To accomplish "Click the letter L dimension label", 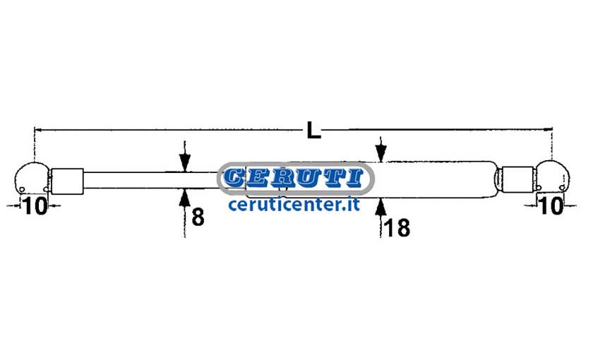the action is (x=313, y=130).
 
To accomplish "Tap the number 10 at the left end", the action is (x=35, y=206).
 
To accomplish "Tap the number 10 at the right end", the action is (x=552, y=206).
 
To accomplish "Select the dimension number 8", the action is (x=198, y=217).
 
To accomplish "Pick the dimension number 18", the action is (x=397, y=228).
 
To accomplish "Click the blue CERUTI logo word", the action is (x=294, y=178).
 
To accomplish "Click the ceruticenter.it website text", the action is (x=294, y=205).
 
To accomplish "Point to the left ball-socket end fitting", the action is (x=32, y=179).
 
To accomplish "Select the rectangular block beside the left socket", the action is (x=67, y=181).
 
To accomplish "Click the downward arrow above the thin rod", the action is (x=184, y=156).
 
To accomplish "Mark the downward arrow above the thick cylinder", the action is (x=381, y=150).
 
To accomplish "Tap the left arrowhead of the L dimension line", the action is (x=38, y=130).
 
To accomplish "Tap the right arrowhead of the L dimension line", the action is (x=548, y=130).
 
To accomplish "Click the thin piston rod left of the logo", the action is (x=150, y=180).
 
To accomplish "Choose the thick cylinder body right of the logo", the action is (x=435, y=179).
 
